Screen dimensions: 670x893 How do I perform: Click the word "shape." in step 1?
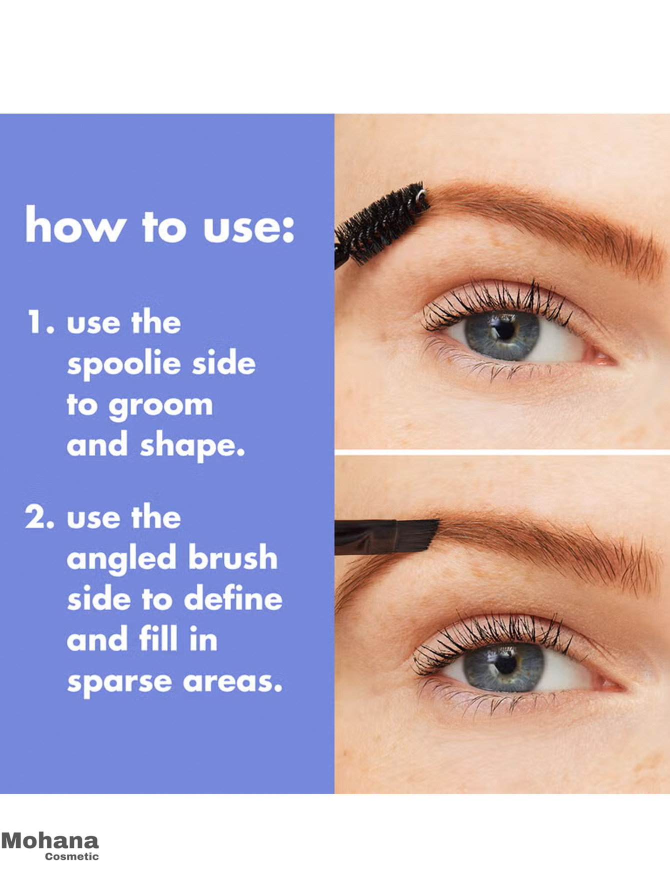click(192, 446)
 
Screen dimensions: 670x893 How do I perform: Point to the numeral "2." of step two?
click(39, 517)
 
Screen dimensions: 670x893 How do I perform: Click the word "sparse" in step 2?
click(119, 682)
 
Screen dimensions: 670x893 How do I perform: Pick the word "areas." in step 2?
click(232, 681)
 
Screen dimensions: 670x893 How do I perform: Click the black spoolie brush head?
click(382, 222)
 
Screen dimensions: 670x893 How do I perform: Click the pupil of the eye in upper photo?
click(505, 330)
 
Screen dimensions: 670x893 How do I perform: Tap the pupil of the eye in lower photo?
click(505, 664)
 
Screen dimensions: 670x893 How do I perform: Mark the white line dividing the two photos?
click(502, 452)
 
